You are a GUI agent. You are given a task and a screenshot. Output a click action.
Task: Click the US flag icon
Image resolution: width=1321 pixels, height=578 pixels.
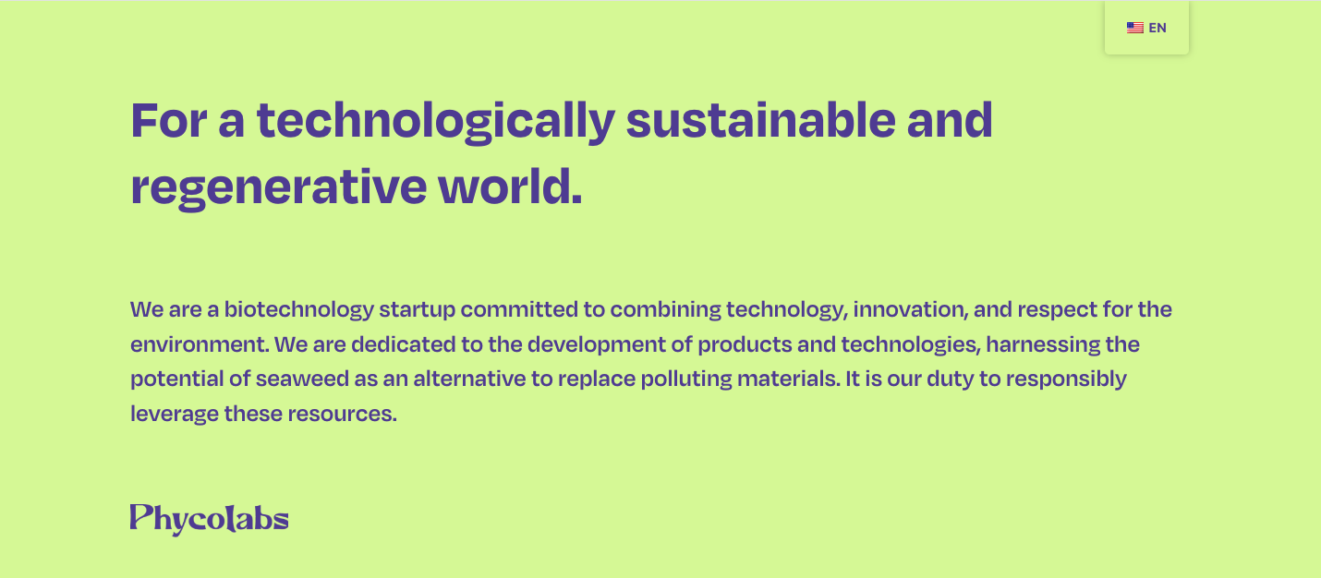[1134, 28]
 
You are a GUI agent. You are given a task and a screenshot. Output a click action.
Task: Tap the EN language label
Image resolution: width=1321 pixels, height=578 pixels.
[1157, 28]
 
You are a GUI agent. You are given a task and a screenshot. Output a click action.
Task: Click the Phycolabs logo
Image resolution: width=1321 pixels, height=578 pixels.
[210, 519]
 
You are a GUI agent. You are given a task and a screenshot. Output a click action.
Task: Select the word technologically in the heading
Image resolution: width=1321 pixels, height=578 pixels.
[436, 121]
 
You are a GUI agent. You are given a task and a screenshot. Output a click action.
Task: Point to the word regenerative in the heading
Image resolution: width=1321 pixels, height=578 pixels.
[278, 188]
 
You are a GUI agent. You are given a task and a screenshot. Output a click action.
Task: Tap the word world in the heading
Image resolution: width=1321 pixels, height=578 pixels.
[510, 186]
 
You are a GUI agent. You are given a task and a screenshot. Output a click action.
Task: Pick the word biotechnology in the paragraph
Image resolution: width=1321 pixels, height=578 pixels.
[299, 310]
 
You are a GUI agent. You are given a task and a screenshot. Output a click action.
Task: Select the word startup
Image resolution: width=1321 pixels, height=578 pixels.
[417, 310]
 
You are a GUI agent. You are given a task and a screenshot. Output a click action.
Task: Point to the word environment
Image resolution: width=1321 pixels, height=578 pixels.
[200, 344]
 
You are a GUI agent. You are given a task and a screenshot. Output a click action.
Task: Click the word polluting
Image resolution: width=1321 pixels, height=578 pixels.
[686, 379]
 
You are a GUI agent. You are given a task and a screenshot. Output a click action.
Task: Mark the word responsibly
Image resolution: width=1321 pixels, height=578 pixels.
[1066, 379]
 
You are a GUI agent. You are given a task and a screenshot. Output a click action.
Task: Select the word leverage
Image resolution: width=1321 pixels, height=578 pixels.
[175, 415]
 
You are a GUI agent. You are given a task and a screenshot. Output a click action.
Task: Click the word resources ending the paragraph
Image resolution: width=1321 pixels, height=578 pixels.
[342, 415]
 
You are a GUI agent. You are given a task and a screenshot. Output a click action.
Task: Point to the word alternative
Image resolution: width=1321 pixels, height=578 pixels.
[469, 379]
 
